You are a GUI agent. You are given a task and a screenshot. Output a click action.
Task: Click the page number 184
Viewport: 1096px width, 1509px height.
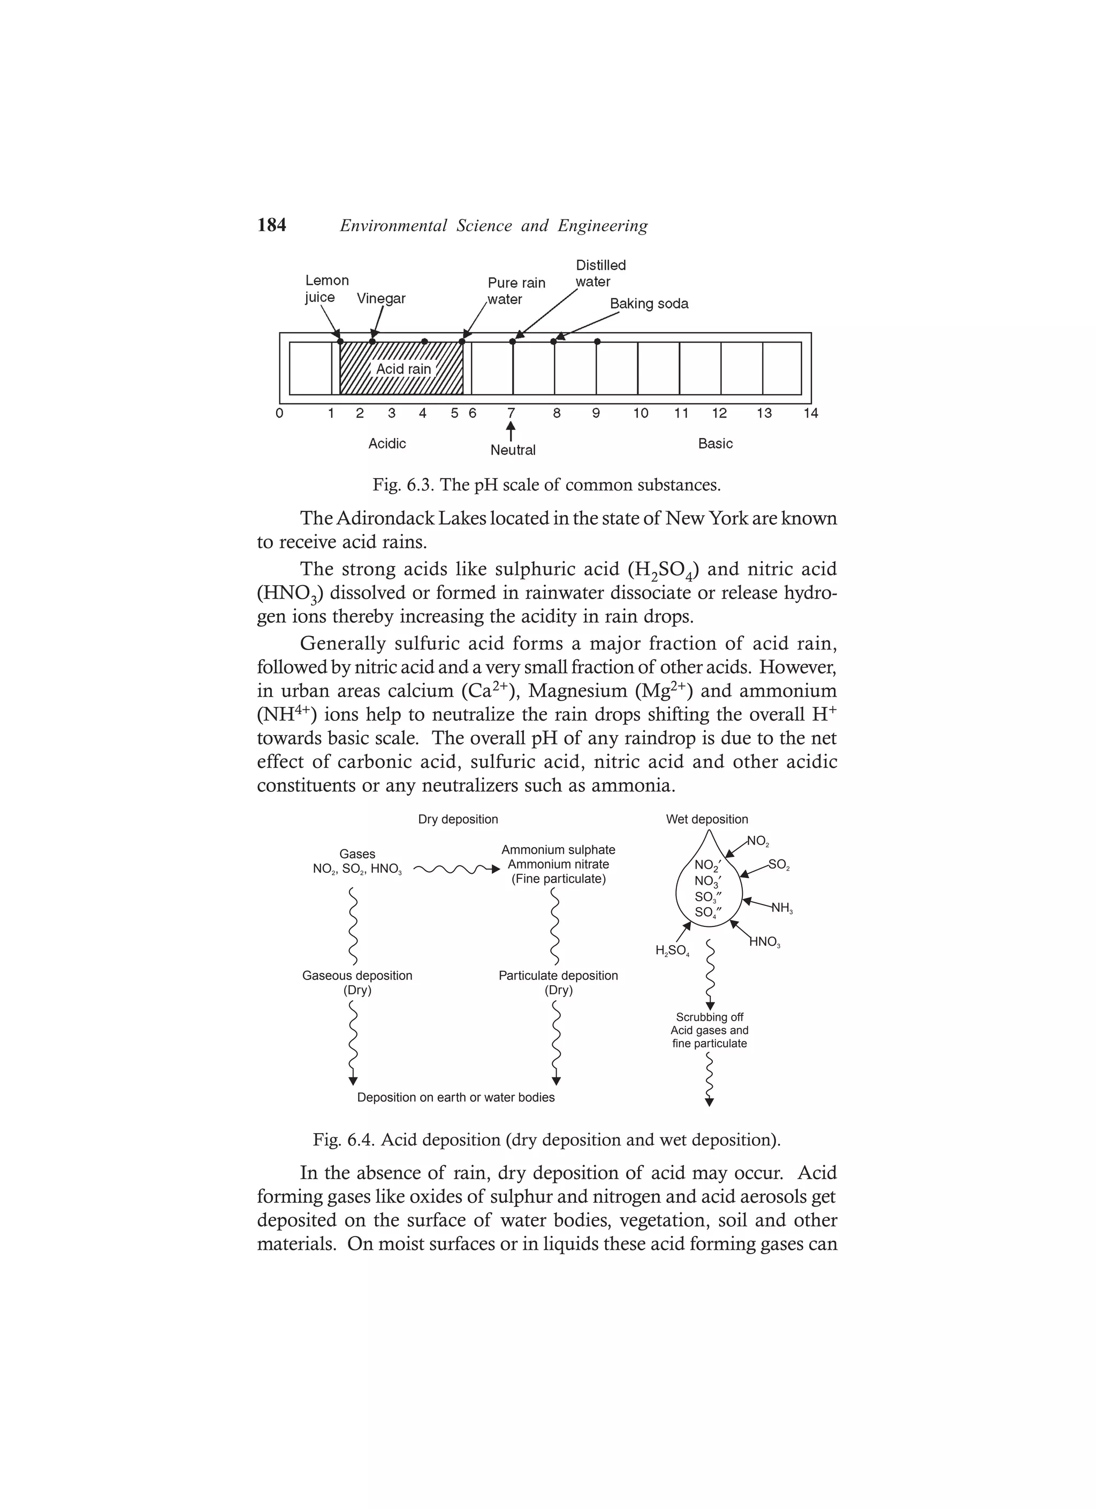(271, 225)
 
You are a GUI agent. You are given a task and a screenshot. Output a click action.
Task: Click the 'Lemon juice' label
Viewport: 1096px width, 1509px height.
(326, 289)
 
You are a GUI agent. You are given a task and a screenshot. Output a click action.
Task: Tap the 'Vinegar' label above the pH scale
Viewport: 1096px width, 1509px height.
(381, 298)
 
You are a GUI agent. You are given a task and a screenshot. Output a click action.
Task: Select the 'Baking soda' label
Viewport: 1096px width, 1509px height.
(649, 304)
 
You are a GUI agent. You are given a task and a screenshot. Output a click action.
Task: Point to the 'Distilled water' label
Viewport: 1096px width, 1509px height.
(600, 274)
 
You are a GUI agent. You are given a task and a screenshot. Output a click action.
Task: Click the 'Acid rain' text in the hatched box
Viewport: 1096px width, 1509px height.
(403, 368)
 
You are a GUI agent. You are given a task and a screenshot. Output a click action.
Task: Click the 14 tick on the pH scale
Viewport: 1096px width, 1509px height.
(810, 413)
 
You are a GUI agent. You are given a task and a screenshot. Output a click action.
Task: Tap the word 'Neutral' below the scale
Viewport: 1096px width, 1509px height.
(513, 450)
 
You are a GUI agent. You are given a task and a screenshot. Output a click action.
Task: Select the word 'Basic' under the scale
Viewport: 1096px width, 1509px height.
(715, 444)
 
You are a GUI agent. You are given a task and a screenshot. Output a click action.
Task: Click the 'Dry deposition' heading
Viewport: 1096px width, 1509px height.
(458, 820)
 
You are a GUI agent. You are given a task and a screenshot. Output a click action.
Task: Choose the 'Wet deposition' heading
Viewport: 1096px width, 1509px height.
(707, 820)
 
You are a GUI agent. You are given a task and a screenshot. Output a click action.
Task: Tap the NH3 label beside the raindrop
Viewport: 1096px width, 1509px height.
(781, 908)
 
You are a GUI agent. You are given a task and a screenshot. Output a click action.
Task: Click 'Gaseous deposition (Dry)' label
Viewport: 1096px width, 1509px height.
(357, 983)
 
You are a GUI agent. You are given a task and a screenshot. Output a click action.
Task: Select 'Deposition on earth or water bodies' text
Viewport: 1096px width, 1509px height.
(455, 1097)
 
